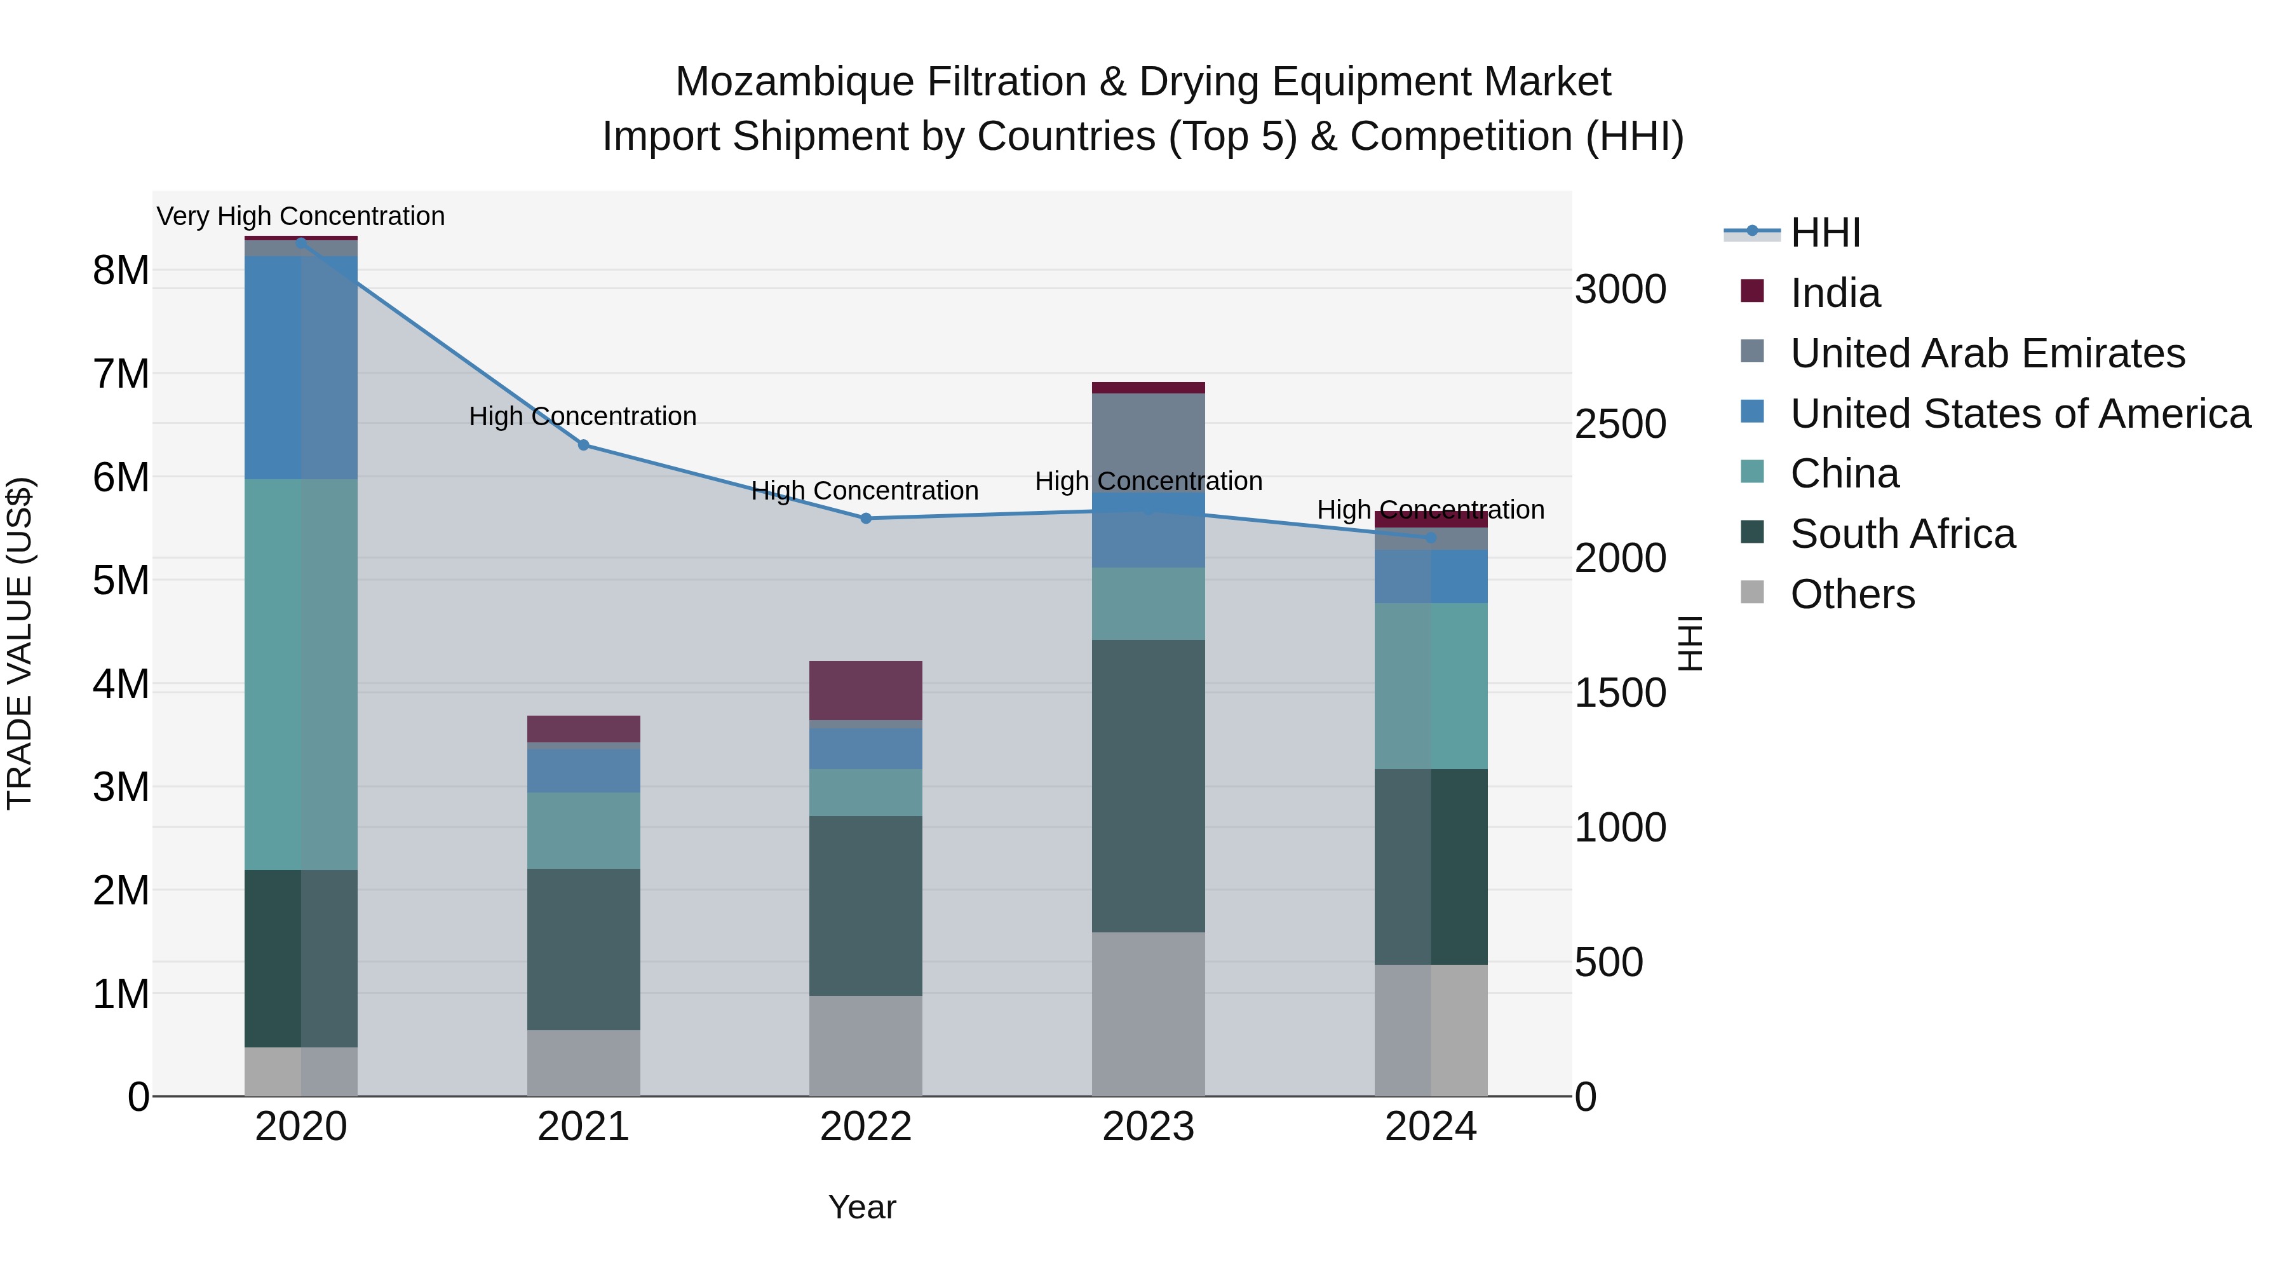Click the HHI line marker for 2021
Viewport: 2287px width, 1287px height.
pos(583,445)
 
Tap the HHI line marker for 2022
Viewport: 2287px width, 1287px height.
pos(866,519)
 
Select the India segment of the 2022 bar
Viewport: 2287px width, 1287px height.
pos(866,690)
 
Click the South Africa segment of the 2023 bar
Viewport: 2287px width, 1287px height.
pos(1148,786)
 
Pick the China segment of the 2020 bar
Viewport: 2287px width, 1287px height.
pos(301,675)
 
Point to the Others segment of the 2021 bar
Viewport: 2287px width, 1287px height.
pos(583,1063)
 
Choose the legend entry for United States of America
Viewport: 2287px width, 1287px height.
pos(2020,414)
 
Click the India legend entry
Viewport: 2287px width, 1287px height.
pos(1834,293)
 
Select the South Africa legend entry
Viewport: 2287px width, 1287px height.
pos(1901,534)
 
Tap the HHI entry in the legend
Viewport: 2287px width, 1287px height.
pos(1825,233)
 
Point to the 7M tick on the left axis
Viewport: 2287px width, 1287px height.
pos(121,374)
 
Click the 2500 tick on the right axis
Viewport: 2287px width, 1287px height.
pos(1620,424)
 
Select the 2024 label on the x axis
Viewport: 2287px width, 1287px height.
pos(1430,1127)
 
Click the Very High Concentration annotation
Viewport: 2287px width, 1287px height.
pos(301,216)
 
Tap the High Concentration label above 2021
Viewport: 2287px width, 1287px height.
pos(583,416)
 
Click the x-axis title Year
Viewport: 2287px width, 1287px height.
pos(862,1207)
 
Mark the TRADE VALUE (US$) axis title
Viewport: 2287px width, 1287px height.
pos(20,643)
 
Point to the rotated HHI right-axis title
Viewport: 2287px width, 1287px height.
pos(1691,643)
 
